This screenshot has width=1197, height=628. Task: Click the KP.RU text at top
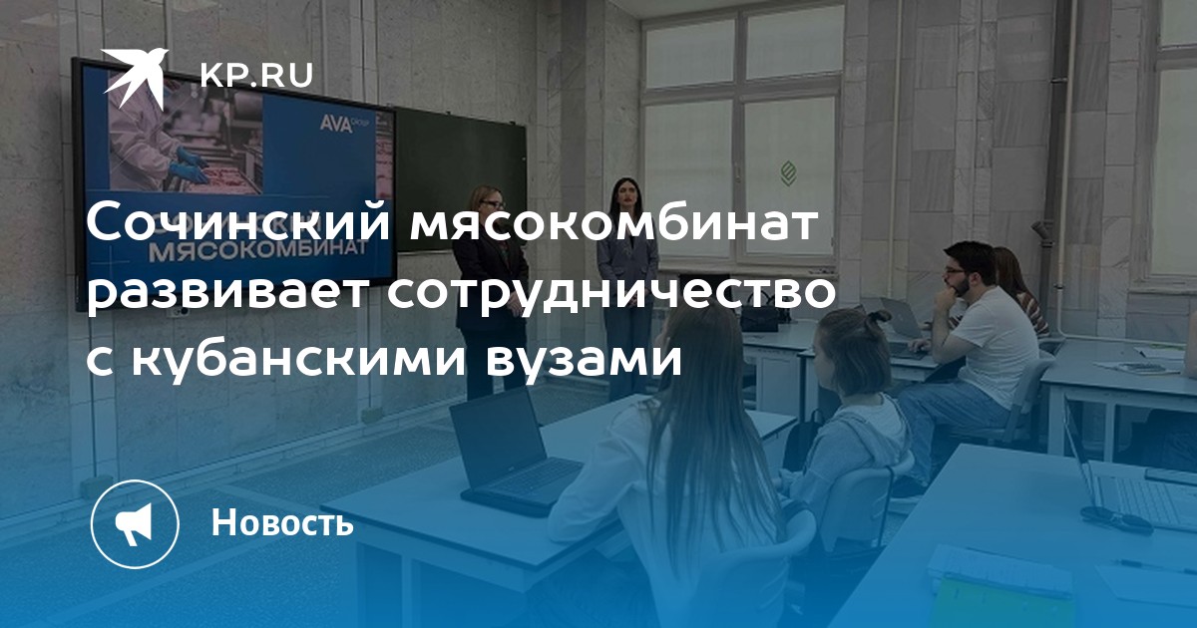(x=256, y=76)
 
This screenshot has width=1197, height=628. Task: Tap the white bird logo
(x=135, y=77)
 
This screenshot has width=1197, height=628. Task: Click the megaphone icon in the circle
(x=134, y=524)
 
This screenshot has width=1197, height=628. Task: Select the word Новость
(x=282, y=522)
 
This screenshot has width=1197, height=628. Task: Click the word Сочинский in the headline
(x=238, y=222)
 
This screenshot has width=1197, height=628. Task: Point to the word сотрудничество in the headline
(x=611, y=293)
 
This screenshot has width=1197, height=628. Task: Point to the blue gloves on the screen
(x=190, y=165)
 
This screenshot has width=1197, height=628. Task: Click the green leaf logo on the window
(x=788, y=173)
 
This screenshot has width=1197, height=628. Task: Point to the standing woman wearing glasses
(x=488, y=293)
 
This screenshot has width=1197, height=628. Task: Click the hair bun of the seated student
(x=876, y=318)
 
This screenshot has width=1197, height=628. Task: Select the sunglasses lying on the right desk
(x=1116, y=519)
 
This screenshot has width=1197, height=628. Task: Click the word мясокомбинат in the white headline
(x=614, y=222)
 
